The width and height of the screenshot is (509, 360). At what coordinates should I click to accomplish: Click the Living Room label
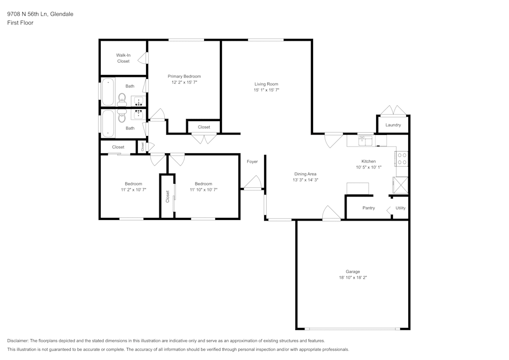[x=266, y=84]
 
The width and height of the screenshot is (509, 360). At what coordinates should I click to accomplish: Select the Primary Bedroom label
[x=184, y=76]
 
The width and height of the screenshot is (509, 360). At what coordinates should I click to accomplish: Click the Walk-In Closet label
[x=123, y=58]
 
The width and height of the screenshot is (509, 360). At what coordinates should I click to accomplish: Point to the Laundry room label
[x=393, y=125]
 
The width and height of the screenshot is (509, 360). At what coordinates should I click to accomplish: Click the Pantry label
[x=369, y=208]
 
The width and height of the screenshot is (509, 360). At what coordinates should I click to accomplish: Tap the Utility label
[x=401, y=208]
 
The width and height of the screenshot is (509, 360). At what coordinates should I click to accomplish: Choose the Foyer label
[x=252, y=161]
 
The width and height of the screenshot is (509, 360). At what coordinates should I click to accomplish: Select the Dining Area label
[x=305, y=174]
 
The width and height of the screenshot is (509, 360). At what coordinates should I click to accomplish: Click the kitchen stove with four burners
[x=402, y=159]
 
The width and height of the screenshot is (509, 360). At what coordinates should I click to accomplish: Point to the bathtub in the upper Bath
[x=108, y=92]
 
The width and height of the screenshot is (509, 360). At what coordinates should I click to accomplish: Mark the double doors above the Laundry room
[x=393, y=110]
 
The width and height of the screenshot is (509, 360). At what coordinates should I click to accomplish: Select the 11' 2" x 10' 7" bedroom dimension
[x=133, y=189]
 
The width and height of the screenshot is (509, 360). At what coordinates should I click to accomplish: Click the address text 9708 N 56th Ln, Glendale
[x=40, y=14]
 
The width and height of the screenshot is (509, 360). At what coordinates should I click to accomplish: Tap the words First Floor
[x=20, y=23]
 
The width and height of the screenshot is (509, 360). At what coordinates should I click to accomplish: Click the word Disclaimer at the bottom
[x=18, y=341]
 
